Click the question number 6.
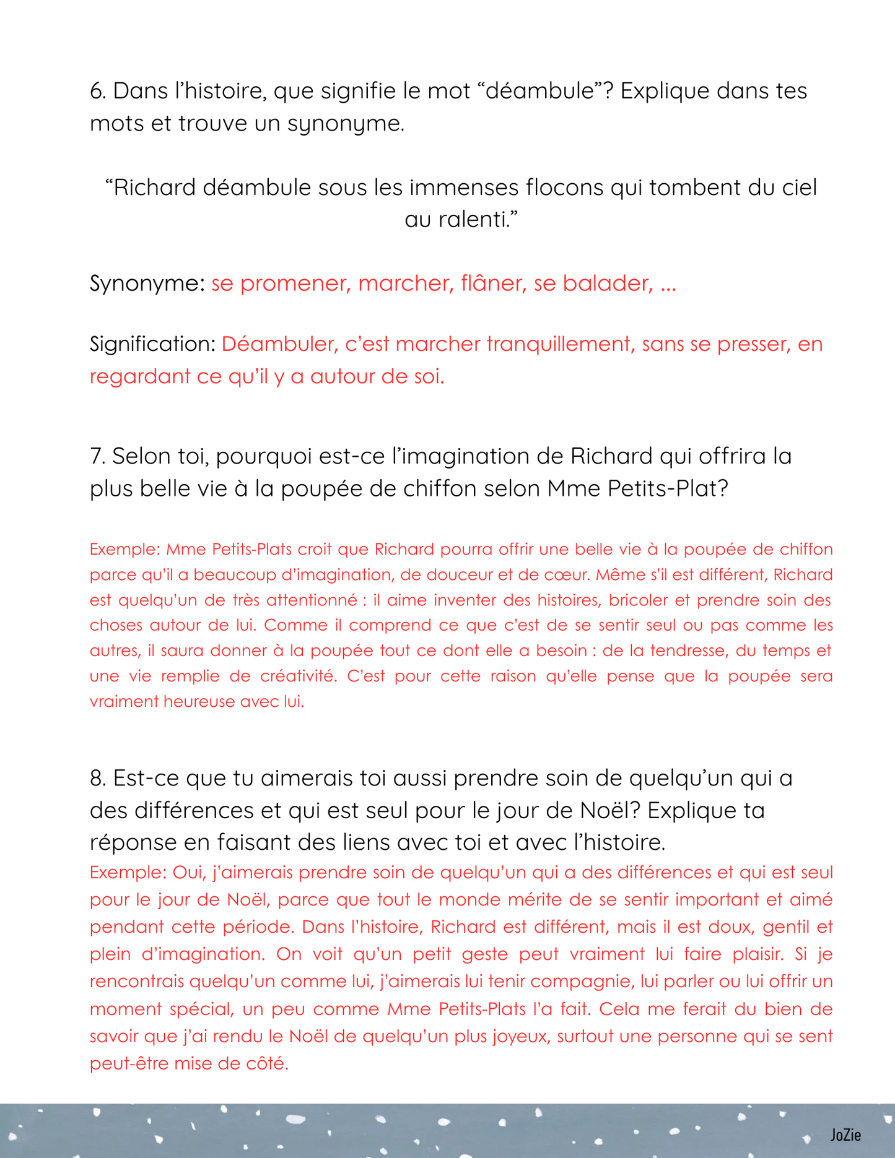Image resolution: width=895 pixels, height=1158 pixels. (98, 92)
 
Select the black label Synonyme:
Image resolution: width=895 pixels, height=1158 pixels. (147, 284)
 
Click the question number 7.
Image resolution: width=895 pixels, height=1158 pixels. (98, 457)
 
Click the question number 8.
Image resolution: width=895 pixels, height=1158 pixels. (98, 779)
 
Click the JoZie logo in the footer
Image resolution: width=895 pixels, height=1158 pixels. (845, 1134)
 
